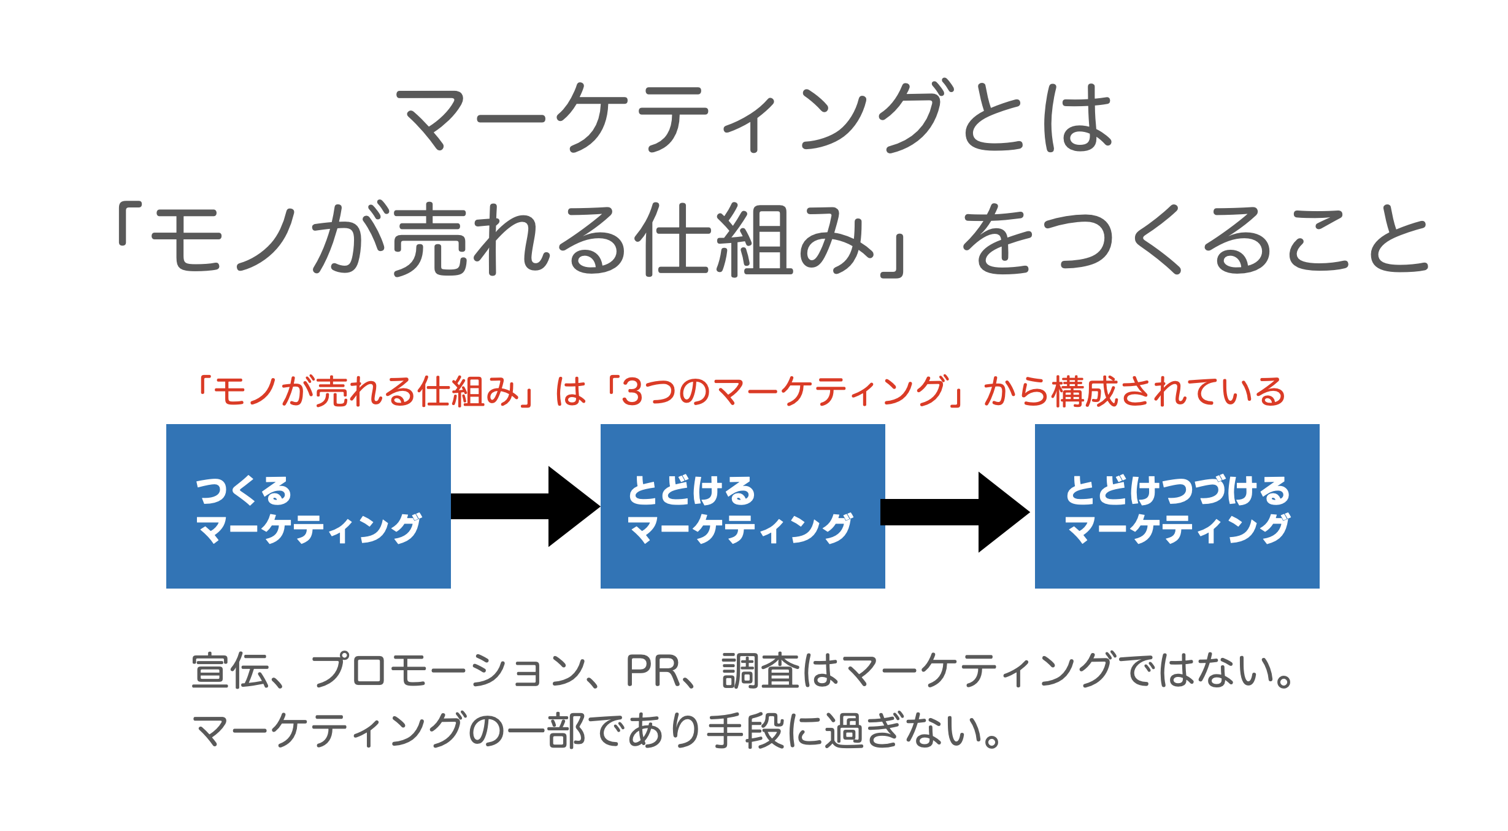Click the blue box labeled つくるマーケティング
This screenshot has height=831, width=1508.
tap(308, 506)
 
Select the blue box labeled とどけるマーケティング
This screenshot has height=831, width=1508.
tap(742, 506)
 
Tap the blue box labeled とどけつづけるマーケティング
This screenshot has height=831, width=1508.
tap(1177, 506)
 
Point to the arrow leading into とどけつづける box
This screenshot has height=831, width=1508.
tap(955, 512)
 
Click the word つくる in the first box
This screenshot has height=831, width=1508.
tap(244, 490)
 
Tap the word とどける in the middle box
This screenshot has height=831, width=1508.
tap(691, 490)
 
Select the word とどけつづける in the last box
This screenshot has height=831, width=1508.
tap(1177, 490)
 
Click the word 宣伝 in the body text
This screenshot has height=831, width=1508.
tap(230, 671)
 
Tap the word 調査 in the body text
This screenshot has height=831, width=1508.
tap(761, 671)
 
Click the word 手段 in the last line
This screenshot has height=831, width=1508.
tap(745, 731)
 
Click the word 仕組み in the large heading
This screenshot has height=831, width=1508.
tap(755, 239)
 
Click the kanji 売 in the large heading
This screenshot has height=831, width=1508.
tap(429, 239)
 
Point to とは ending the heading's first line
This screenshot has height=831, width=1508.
tap(1037, 118)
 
